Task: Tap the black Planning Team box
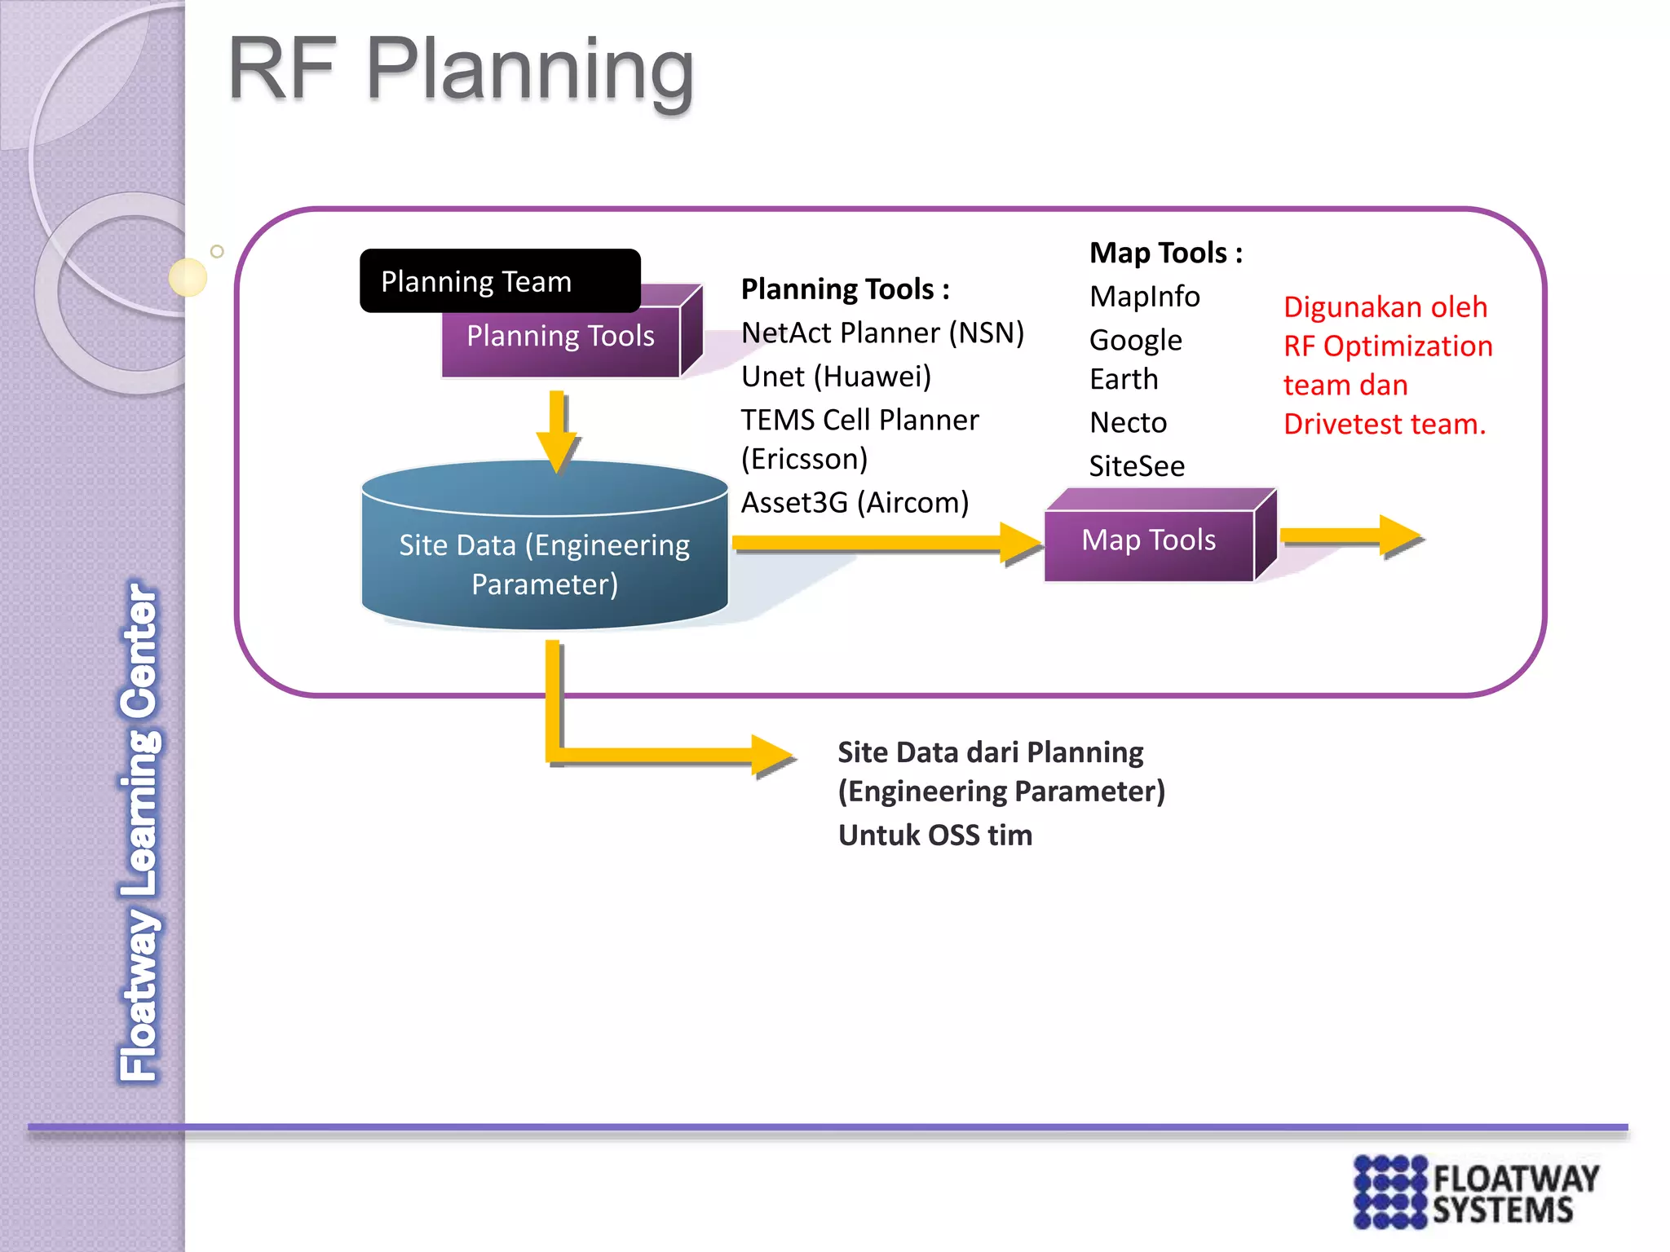499,281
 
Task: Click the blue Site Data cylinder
545,562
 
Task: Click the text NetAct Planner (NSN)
882,333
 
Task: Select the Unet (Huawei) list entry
836,377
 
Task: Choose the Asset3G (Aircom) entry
855,503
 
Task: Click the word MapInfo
1144,297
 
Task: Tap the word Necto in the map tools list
1128,422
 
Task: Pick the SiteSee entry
1137,466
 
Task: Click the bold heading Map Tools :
1166,253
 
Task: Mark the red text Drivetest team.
1385,424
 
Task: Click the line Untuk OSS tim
935,835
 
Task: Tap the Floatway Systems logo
1476,1192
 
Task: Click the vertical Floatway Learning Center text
139,831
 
